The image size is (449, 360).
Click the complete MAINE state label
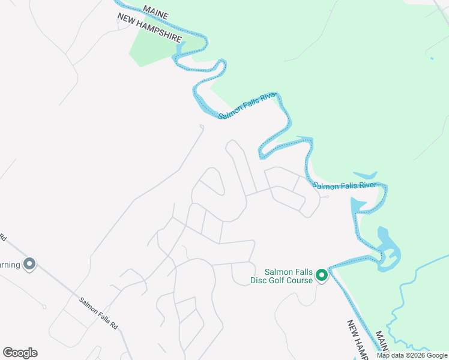coord(156,12)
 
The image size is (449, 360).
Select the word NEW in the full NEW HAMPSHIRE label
coord(127,22)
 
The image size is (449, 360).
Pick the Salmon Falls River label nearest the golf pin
coord(344,185)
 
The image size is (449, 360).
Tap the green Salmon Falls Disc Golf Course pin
coord(322,275)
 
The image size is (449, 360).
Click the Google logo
coord(20,353)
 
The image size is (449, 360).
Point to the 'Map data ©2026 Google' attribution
coord(412,355)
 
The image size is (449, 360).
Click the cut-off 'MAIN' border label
coord(382,341)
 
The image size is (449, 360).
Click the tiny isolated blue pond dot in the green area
coord(431,58)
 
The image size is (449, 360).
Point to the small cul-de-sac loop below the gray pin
coord(43,307)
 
